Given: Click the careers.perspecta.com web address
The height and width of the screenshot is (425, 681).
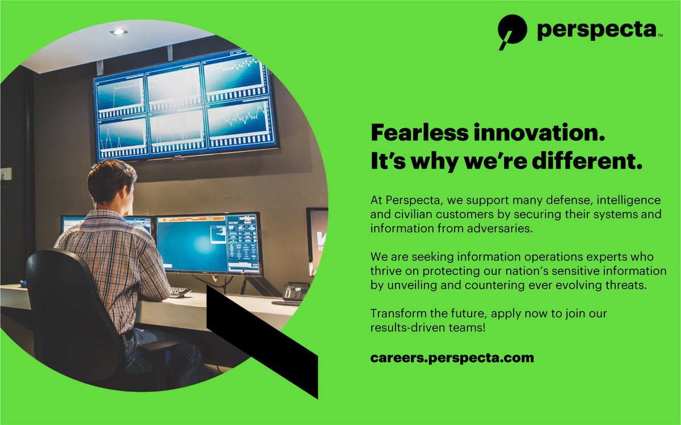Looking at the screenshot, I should (x=452, y=358).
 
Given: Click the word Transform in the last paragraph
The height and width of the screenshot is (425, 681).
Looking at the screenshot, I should (x=397, y=313).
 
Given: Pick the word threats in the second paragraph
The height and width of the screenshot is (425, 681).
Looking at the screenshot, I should (x=626, y=285).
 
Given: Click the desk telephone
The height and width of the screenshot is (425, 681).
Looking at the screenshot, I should (x=296, y=291).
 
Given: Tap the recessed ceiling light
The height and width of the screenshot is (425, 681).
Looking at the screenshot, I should (x=118, y=31).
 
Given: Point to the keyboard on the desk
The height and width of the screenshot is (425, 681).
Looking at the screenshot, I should (x=180, y=292).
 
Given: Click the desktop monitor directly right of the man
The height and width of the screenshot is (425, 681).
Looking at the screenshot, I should (x=208, y=244).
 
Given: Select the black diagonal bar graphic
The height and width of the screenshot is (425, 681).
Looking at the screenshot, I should (x=261, y=340).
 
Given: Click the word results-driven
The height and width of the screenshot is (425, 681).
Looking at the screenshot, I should (x=406, y=327).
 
